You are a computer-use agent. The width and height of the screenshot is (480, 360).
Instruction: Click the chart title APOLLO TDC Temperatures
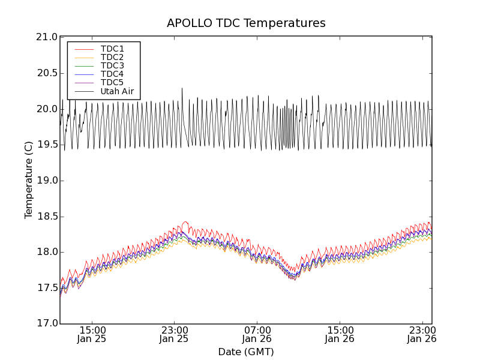click(246, 23)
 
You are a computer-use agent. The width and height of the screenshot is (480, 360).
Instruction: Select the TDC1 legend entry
click(112, 49)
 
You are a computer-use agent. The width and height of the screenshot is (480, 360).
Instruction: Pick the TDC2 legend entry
click(112, 57)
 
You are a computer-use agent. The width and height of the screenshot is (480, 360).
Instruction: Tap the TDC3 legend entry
click(112, 65)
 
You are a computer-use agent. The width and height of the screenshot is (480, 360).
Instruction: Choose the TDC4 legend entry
click(112, 74)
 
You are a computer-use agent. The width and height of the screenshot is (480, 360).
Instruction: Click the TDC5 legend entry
click(112, 82)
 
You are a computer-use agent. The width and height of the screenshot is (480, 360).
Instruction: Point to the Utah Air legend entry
click(117, 92)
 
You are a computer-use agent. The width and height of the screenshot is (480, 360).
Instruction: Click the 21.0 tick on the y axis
click(46, 37)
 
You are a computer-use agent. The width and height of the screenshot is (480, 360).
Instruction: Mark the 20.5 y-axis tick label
click(46, 73)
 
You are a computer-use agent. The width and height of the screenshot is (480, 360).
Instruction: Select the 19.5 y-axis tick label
click(46, 145)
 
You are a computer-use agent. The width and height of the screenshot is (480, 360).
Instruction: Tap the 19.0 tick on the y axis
click(46, 181)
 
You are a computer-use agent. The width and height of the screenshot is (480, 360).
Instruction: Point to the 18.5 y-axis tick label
click(46, 217)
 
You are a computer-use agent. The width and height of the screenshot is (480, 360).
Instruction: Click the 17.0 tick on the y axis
click(46, 324)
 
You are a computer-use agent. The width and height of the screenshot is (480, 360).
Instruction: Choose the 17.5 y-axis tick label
click(46, 288)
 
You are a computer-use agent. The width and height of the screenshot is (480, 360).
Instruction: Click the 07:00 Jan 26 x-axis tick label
click(257, 334)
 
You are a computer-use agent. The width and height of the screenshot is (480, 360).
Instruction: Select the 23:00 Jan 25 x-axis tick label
click(175, 334)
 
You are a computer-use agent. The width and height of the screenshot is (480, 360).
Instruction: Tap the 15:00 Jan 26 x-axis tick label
click(340, 334)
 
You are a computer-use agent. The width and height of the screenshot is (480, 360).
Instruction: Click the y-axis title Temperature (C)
click(29, 180)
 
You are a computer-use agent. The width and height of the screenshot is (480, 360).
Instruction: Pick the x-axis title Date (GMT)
click(246, 352)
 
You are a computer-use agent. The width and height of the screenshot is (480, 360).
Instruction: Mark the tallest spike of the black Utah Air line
click(182, 89)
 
